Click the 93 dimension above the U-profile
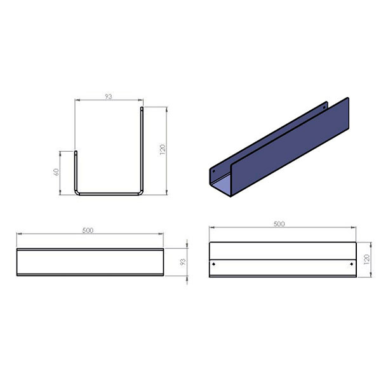(x=109, y=97)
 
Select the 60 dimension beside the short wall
(x=56, y=172)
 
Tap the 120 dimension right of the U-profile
(x=163, y=150)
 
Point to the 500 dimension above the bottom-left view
(x=88, y=230)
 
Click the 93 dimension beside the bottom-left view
(x=182, y=262)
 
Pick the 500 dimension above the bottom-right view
(x=279, y=224)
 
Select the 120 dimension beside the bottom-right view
(x=366, y=260)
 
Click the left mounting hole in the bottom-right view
(x=213, y=264)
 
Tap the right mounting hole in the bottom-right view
(x=351, y=264)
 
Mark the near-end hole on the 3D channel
(x=214, y=171)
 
